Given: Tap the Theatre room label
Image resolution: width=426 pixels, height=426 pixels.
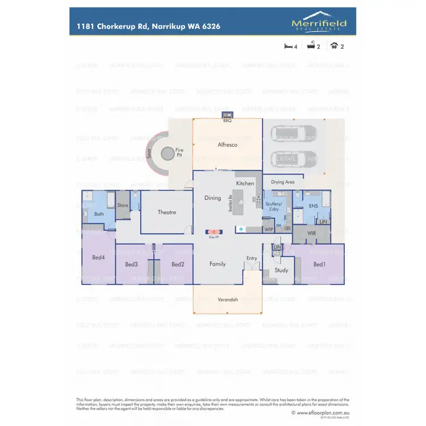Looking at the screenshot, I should tap(167, 212).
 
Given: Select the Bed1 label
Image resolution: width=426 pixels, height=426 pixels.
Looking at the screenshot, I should tap(319, 265).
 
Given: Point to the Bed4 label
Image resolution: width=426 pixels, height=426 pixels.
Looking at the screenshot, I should tap(98, 257).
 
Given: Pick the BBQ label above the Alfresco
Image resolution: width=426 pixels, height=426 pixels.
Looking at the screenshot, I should tap(227, 121).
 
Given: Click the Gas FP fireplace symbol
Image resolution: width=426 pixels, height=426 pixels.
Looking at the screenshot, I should tap(214, 232).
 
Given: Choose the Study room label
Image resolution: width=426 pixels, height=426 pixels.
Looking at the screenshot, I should tap(281, 270).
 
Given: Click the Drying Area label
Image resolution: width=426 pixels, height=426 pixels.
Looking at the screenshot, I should tap(282, 182).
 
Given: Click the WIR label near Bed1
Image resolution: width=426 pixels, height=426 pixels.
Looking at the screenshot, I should tap(311, 233).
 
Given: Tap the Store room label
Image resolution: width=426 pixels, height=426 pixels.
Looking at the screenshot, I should tap(123, 205).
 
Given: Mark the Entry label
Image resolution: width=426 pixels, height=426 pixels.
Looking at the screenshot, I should tap(252, 258).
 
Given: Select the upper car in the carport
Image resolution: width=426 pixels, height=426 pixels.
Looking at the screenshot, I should tap(287, 134).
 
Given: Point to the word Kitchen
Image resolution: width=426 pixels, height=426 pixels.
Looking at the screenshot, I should tap(245, 183).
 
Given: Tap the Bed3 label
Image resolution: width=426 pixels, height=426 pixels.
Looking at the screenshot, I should tap(131, 265).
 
